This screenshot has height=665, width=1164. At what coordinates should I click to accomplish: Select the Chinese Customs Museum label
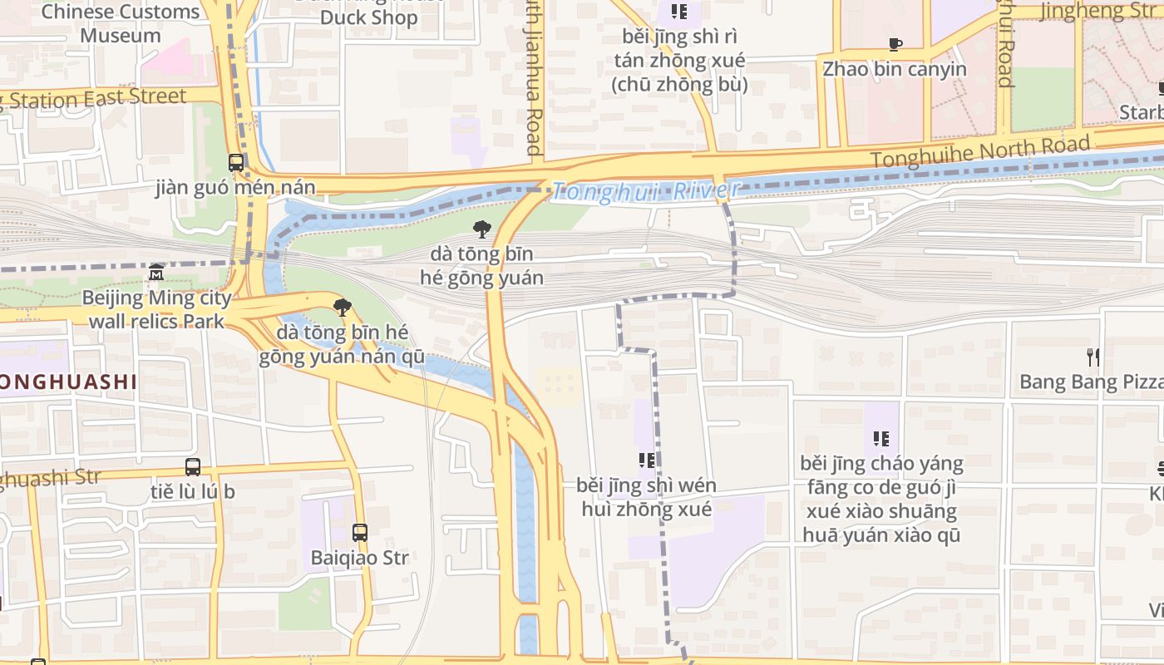click(120, 23)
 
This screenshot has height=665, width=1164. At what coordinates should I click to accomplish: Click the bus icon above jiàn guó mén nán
click(236, 163)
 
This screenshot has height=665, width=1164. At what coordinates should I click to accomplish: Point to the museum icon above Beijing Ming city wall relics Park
click(156, 273)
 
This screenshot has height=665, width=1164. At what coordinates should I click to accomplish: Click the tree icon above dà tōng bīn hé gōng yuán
click(481, 229)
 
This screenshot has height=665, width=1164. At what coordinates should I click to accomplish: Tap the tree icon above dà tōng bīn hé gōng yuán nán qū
click(342, 308)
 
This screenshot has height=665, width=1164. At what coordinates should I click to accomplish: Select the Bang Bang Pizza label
click(1091, 382)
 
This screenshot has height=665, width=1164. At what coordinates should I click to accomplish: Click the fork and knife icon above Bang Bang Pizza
click(1092, 357)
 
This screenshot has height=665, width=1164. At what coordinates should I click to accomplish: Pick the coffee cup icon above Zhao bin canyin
click(895, 45)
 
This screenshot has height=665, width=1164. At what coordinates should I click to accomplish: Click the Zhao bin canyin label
click(895, 69)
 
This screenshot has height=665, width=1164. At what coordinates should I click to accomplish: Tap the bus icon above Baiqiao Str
click(360, 533)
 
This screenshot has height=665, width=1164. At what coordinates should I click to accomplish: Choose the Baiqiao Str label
click(360, 557)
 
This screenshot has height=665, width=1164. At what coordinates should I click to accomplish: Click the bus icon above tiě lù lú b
click(193, 467)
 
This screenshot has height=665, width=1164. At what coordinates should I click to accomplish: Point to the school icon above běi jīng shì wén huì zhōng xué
click(646, 460)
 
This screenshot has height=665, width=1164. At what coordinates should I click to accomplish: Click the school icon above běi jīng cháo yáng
click(881, 438)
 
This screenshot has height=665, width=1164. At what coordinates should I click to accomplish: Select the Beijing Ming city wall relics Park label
click(156, 309)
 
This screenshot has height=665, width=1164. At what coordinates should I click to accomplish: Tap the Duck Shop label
click(367, 17)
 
